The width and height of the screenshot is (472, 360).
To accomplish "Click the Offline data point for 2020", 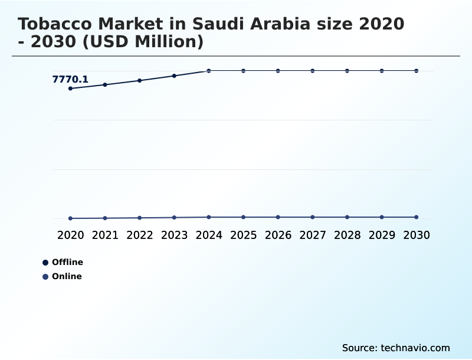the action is tap(70, 89).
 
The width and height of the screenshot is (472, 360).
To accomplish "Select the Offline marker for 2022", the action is tap(140, 81).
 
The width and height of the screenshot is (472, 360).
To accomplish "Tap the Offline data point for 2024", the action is tap(209, 71).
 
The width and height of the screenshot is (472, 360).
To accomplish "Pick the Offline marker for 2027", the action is tap(313, 71).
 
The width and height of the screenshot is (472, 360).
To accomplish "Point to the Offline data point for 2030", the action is tap(417, 71).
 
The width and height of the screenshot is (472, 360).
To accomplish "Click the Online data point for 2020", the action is tap(70, 218).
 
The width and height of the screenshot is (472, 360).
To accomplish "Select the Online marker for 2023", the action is tap(174, 217).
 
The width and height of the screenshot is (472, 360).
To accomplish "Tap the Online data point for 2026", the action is tap(278, 217).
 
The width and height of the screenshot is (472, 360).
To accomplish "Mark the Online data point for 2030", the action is tap(417, 217).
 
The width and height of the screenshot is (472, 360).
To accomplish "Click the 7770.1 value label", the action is tap(70, 79).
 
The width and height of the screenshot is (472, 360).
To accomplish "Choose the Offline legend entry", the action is tap(63, 262).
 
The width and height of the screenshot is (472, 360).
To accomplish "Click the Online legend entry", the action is tap(63, 276).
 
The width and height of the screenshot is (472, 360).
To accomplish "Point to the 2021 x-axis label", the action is tap(105, 235).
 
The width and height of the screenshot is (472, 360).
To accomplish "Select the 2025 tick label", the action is tap(244, 235).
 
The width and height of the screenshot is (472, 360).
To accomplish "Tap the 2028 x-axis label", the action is tap(348, 235).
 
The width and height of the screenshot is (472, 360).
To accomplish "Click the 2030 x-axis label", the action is tap(417, 235).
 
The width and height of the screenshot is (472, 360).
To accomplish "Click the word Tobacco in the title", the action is tap(54, 24).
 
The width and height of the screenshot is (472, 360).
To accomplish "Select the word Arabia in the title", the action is tap(280, 24).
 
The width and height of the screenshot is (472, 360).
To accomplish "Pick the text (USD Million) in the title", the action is tap(143, 41).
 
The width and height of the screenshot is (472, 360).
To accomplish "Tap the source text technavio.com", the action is tap(415, 348).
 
